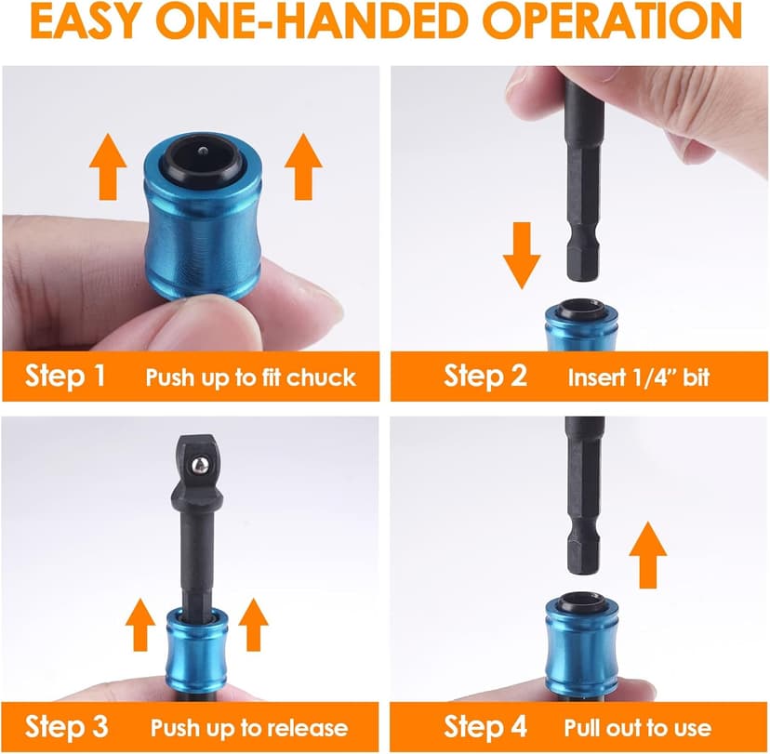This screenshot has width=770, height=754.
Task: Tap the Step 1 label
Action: coord(65,377)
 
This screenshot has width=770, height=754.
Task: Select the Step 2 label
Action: coord(485,377)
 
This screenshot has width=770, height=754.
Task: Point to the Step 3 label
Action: coord(67,726)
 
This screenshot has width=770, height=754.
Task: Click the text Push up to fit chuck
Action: coord(250,377)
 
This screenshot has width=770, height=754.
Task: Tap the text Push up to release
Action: coord(248,727)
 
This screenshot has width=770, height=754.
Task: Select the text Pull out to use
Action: coord(637,727)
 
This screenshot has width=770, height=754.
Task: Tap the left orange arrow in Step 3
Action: coord(140,624)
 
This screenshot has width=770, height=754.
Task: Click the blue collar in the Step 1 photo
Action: coord(204,232)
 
